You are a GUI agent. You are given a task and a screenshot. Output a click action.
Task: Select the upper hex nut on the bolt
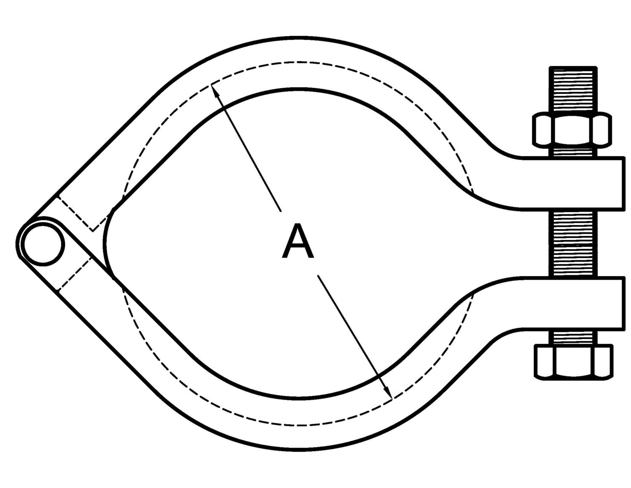click(573, 129)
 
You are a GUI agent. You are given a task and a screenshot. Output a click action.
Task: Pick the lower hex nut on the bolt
click(573, 361)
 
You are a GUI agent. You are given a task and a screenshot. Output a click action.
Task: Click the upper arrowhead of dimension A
click(214, 89)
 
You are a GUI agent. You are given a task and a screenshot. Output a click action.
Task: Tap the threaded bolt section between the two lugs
click(573, 243)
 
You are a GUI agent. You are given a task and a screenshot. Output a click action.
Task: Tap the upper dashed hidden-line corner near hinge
click(93, 230)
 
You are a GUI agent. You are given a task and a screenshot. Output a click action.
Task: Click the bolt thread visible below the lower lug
click(573, 337)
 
